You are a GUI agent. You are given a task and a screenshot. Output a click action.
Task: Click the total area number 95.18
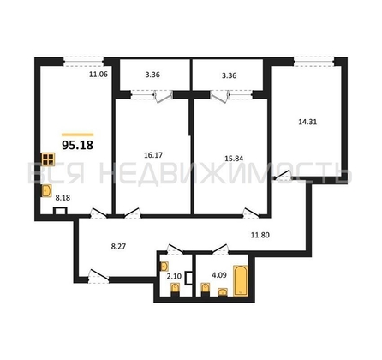pos(77,145)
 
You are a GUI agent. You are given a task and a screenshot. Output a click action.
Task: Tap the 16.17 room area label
pos(153,155)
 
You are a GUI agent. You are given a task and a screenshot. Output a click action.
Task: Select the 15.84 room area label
pos(234,159)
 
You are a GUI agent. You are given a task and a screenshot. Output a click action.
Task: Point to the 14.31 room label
pos(307,122)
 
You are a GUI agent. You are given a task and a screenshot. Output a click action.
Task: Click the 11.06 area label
pos(98,75)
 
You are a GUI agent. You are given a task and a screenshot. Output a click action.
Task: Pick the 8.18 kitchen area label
pos(63,197)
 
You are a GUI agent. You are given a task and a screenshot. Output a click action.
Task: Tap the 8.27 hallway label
pos(118,246)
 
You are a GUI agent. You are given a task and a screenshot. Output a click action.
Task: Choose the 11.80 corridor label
pos(260,236)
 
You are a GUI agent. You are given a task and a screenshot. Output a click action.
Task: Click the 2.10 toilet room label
pos(174,276)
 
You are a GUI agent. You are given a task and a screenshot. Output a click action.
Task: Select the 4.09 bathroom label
pos(219,275)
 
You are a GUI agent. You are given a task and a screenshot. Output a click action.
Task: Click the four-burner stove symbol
pos(48,159)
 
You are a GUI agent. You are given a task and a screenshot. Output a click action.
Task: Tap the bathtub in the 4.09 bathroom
pos(241,280)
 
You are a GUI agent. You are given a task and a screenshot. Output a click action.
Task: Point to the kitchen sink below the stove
pos(46,190)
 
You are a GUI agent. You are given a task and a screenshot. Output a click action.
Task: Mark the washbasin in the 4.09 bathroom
pos(223,292)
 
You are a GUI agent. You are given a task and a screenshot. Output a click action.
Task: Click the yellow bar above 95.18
pos(77,135)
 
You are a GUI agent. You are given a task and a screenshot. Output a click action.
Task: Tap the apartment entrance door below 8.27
pos(98,276)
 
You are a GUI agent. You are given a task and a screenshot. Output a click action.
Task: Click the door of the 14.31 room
pos(282,175)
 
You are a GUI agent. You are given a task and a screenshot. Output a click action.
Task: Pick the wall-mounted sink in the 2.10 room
pos(164,267)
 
